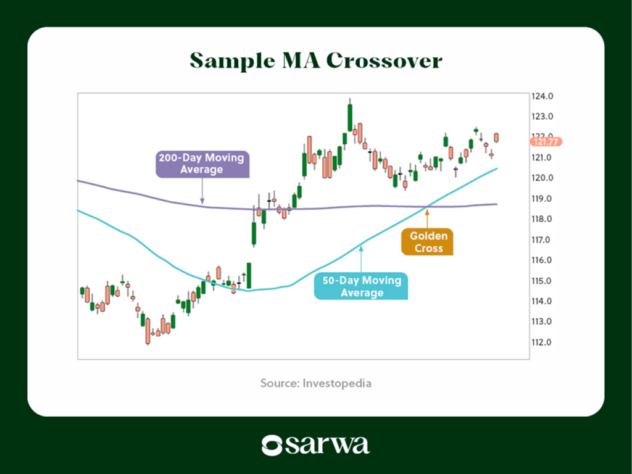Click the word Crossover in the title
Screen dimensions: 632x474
(x=384, y=60)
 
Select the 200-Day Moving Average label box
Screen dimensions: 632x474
(x=202, y=164)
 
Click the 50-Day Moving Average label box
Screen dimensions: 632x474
(x=361, y=286)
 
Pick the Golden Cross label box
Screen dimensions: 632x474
(x=428, y=242)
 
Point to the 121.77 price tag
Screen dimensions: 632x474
(x=546, y=142)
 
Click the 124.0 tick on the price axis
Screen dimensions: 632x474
(x=542, y=96)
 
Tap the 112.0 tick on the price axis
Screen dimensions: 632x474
(x=542, y=343)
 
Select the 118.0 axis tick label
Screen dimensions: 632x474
(x=542, y=219)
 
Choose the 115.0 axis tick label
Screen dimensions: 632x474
(x=542, y=281)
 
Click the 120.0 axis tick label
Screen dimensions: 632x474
(x=542, y=178)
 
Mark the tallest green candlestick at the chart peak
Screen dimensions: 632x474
(x=350, y=117)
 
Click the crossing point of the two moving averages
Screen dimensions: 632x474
(x=426, y=207)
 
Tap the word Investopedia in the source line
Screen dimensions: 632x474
(x=337, y=383)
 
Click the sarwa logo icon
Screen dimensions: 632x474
(x=272, y=446)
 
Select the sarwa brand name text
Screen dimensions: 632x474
(x=328, y=446)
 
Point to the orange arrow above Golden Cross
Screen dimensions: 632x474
(x=427, y=218)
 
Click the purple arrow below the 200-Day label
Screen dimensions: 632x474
(x=202, y=191)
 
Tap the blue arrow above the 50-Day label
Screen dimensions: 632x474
(x=361, y=259)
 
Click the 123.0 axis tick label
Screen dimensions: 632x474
(x=542, y=117)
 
